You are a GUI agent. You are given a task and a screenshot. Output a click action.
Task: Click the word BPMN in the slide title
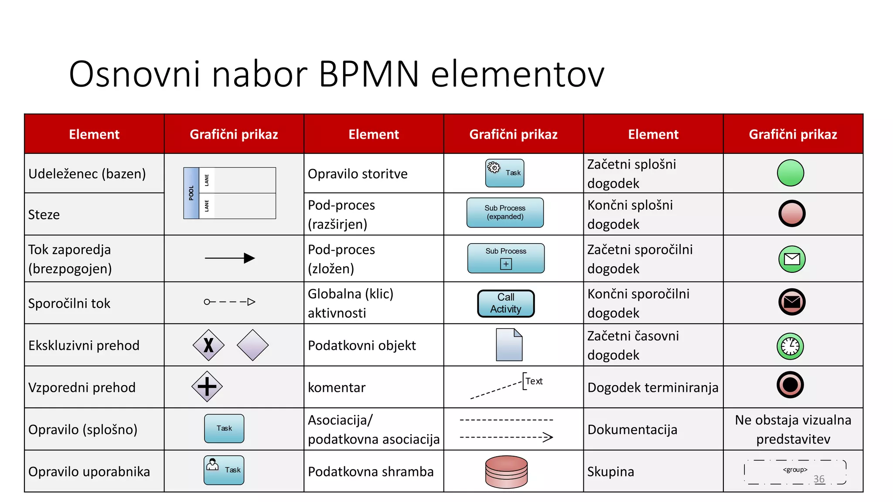coord(368,74)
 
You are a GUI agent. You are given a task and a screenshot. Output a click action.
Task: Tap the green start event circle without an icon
coord(790,173)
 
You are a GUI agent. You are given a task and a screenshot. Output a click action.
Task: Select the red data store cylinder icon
coord(506,471)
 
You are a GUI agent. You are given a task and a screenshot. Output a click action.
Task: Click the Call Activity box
coord(506,303)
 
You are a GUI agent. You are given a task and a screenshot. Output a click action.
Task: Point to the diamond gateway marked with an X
coord(208,345)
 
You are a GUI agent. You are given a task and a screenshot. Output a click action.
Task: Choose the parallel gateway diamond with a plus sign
coord(207,387)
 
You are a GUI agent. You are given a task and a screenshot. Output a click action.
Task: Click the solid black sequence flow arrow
coord(230,258)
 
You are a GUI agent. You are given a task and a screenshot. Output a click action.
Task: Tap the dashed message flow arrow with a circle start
coord(230,302)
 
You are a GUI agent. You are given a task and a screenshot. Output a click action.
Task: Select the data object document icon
coord(509,345)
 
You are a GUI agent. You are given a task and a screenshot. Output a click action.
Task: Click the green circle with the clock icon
coord(790,346)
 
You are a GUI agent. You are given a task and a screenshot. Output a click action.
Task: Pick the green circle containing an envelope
coord(792,259)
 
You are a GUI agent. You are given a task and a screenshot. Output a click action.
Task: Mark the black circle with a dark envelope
coord(792,302)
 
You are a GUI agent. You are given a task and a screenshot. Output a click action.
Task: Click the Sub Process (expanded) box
coord(505,213)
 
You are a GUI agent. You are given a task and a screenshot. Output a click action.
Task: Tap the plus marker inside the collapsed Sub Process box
coord(506,264)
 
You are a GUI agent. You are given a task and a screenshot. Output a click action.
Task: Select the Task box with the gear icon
coord(505,173)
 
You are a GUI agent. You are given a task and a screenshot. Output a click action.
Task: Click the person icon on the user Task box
coord(212,465)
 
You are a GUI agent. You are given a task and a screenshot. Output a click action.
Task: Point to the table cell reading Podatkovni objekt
coord(362,346)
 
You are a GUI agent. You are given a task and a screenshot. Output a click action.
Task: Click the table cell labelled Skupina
coord(610,471)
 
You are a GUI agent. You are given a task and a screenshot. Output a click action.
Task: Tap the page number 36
coord(819,479)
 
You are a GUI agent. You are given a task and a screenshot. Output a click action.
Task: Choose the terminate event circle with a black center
coord(790,385)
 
